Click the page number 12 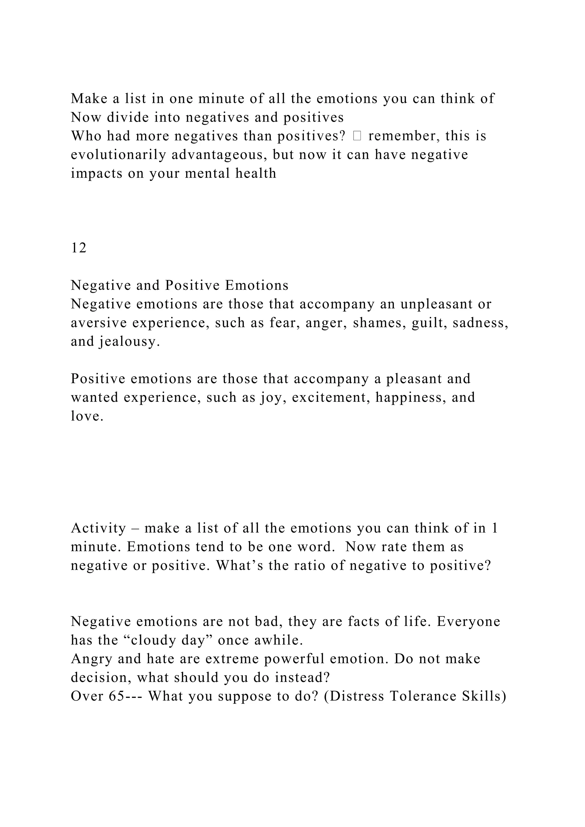click(79, 248)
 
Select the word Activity click(98, 528)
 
